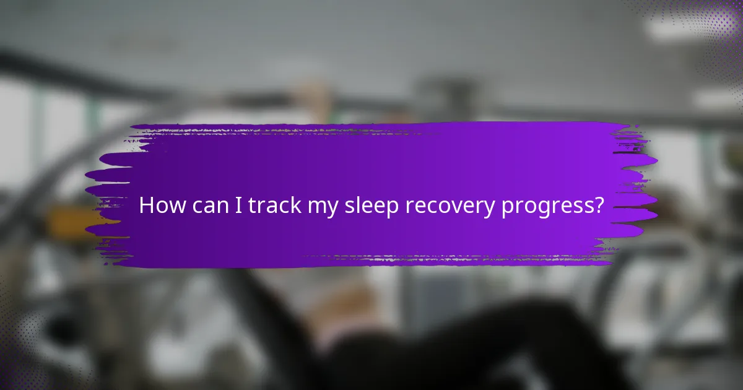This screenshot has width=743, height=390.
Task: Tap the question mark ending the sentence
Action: [x=597, y=206]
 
